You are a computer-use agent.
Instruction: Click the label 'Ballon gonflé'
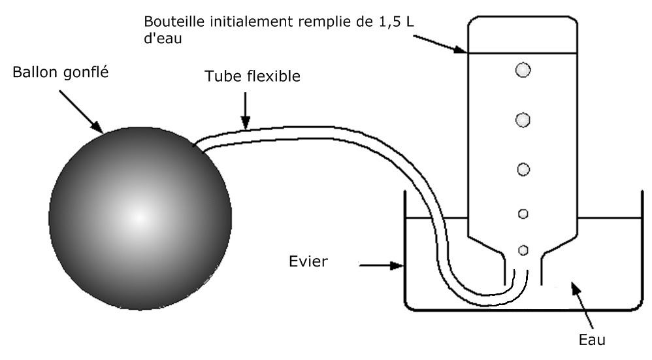click(x=60, y=72)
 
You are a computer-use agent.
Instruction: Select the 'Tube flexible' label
click(x=252, y=76)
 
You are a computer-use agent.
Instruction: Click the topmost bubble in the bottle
click(x=523, y=70)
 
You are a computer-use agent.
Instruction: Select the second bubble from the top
click(x=523, y=120)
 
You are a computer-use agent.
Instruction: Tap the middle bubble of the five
click(x=523, y=169)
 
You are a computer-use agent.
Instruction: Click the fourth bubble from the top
click(x=523, y=214)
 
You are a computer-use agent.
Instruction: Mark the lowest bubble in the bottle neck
click(x=523, y=250)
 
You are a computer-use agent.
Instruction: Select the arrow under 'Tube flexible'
click(x=246, y=111)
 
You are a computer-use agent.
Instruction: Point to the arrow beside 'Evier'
click(x=382, y=266)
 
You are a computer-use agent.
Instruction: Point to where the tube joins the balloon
click(x=196, y=146)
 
